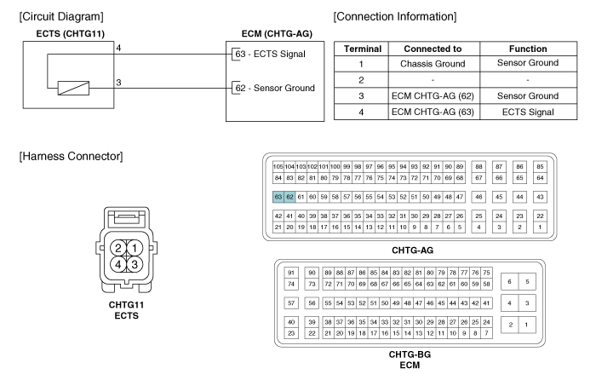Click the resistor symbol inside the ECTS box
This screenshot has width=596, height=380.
tap(73, 89)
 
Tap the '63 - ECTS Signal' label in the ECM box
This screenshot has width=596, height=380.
tap(270, 54)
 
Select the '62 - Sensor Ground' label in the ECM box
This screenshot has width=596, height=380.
tap(275, 89)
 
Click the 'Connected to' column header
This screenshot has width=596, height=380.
tap(433, 49)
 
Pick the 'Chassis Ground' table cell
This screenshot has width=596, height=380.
tap(433, 64)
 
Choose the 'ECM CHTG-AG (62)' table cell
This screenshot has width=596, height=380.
tap(433, 96)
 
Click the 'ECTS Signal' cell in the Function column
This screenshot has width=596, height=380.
tap(528, 112)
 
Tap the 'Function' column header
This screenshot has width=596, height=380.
tap(528, 49)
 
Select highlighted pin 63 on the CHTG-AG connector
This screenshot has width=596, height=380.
tap(278, 197)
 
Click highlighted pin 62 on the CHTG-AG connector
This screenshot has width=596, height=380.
tap(289, 197)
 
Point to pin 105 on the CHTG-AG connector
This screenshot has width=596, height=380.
tap(278, 167)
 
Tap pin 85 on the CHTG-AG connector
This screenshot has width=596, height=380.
tap(540, 167)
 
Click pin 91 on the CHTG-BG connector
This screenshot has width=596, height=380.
tap(291, 273)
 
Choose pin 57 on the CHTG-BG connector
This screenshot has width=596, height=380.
tap(291, 303)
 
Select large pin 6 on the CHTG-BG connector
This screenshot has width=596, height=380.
tap(510, 282)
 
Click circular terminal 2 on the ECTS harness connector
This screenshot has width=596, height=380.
tap(118, 249)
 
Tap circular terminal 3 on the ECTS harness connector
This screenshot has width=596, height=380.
tap(135, 264)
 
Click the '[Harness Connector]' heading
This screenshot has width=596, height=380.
tap(71, 156)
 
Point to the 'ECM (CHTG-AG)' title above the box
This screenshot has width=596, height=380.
tap(277, 34)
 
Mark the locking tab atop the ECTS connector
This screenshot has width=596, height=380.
tap(127, 218)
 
